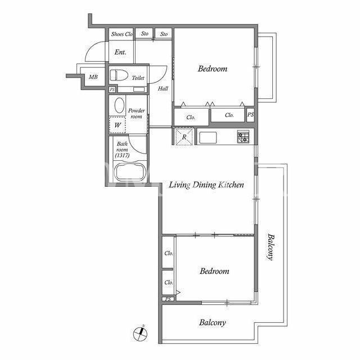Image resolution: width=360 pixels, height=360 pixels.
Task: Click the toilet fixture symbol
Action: (119, 75)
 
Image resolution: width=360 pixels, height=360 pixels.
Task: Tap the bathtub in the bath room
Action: (130, 172)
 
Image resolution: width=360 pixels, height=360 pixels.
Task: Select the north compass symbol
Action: (141, 333)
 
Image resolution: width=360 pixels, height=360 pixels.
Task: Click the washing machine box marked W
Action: (118, 125)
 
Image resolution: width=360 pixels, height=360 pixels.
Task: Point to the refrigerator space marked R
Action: (184, 137)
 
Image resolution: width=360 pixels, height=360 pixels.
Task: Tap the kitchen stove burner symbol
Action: (243, 137)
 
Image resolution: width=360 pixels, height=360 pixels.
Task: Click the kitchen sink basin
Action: (208, 137)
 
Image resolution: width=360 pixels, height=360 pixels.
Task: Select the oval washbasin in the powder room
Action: (119, 105)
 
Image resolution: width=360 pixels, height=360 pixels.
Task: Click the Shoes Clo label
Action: (122, 34)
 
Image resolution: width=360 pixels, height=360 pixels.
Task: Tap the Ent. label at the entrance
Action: (120, 52)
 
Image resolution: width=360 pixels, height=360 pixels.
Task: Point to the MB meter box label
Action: (93, 77)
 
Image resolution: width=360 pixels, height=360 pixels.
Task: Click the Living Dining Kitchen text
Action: (206, 185)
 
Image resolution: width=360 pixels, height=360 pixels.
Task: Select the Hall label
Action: (163, 88)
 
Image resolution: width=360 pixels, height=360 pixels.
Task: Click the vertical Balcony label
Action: (271, 247)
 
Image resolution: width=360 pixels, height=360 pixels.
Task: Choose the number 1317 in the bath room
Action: (122, 155)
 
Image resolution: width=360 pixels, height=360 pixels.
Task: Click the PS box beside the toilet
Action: (112, 89)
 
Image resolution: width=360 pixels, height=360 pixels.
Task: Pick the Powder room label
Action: (136, 114)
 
